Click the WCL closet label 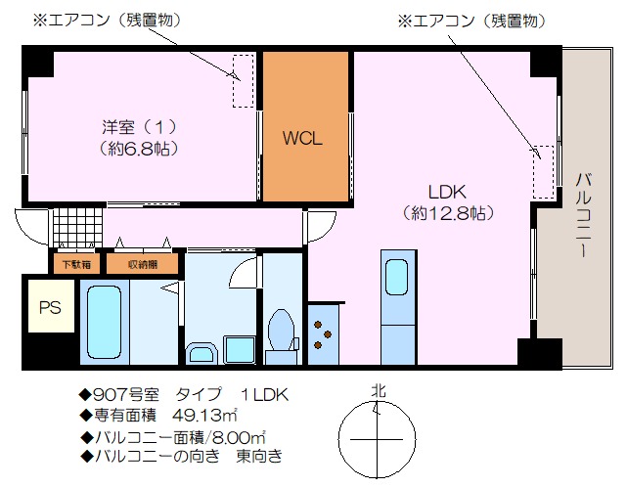(x=302, y=138)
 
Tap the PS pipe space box (x=51, y=306)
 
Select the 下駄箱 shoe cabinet (x=76, y=264)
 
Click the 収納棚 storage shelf (x=143, y=264)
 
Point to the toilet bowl (x=282, y=331)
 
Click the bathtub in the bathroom (x=104, y=322)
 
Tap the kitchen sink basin (x=397, y=277)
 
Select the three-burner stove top (x=323, y=334)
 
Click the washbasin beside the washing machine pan (x=202, y=354)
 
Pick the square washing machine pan (x=240, y=350)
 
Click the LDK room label (x=447, y=193)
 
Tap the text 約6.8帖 (x=138, y=149)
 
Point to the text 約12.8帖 (x=447, y=213)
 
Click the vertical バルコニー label (x=584, y=214)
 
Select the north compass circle (x=377, y=440)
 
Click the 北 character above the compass (x=379, y=390)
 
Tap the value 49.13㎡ (x=204, y=416)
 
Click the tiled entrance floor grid (x=77, y=228)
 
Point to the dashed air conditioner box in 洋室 (x=244, y=81)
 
